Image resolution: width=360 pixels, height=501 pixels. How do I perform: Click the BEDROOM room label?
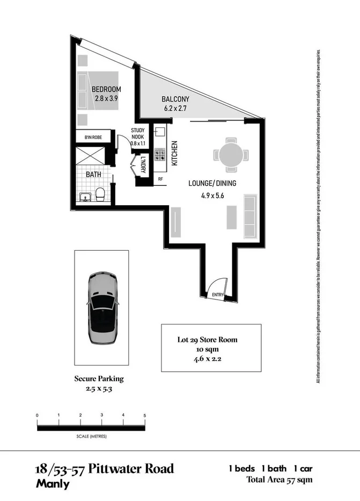pyautogui.click(x=106, y=89)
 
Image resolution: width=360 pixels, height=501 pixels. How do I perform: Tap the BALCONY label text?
pyautogui.click(x=177, y=99)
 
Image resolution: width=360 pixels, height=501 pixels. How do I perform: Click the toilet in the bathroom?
pyautogui.click(x=100, y=194)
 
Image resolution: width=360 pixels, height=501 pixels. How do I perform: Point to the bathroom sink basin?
pyautogui.click(x=84, y=197)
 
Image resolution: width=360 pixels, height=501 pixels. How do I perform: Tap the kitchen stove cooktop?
pyautogui.click(x=160, y=155)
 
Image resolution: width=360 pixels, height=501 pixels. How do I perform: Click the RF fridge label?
pyautogui.click(x=160, y=179)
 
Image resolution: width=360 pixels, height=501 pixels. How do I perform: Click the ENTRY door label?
pyautogui.click(x=218, y=294)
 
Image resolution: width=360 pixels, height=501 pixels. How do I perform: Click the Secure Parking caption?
pyautogui.click(x=99, y=379)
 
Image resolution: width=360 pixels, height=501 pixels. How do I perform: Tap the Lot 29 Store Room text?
pyautogui.click(x=207, y=339)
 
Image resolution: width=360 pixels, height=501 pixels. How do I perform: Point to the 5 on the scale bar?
pyautogui.click(x=145, y=416)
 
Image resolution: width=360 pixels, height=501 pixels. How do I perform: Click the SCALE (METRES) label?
pyautogui.click(x=91, y=437)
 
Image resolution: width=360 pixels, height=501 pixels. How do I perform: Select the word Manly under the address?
pyautogui.click(x=53, y=483)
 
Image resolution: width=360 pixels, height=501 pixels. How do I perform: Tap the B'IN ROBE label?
pyautogui.click(x=93, y=138)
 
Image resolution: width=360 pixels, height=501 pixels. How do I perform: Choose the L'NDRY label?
pyautogui.click(x=144, y=163)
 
